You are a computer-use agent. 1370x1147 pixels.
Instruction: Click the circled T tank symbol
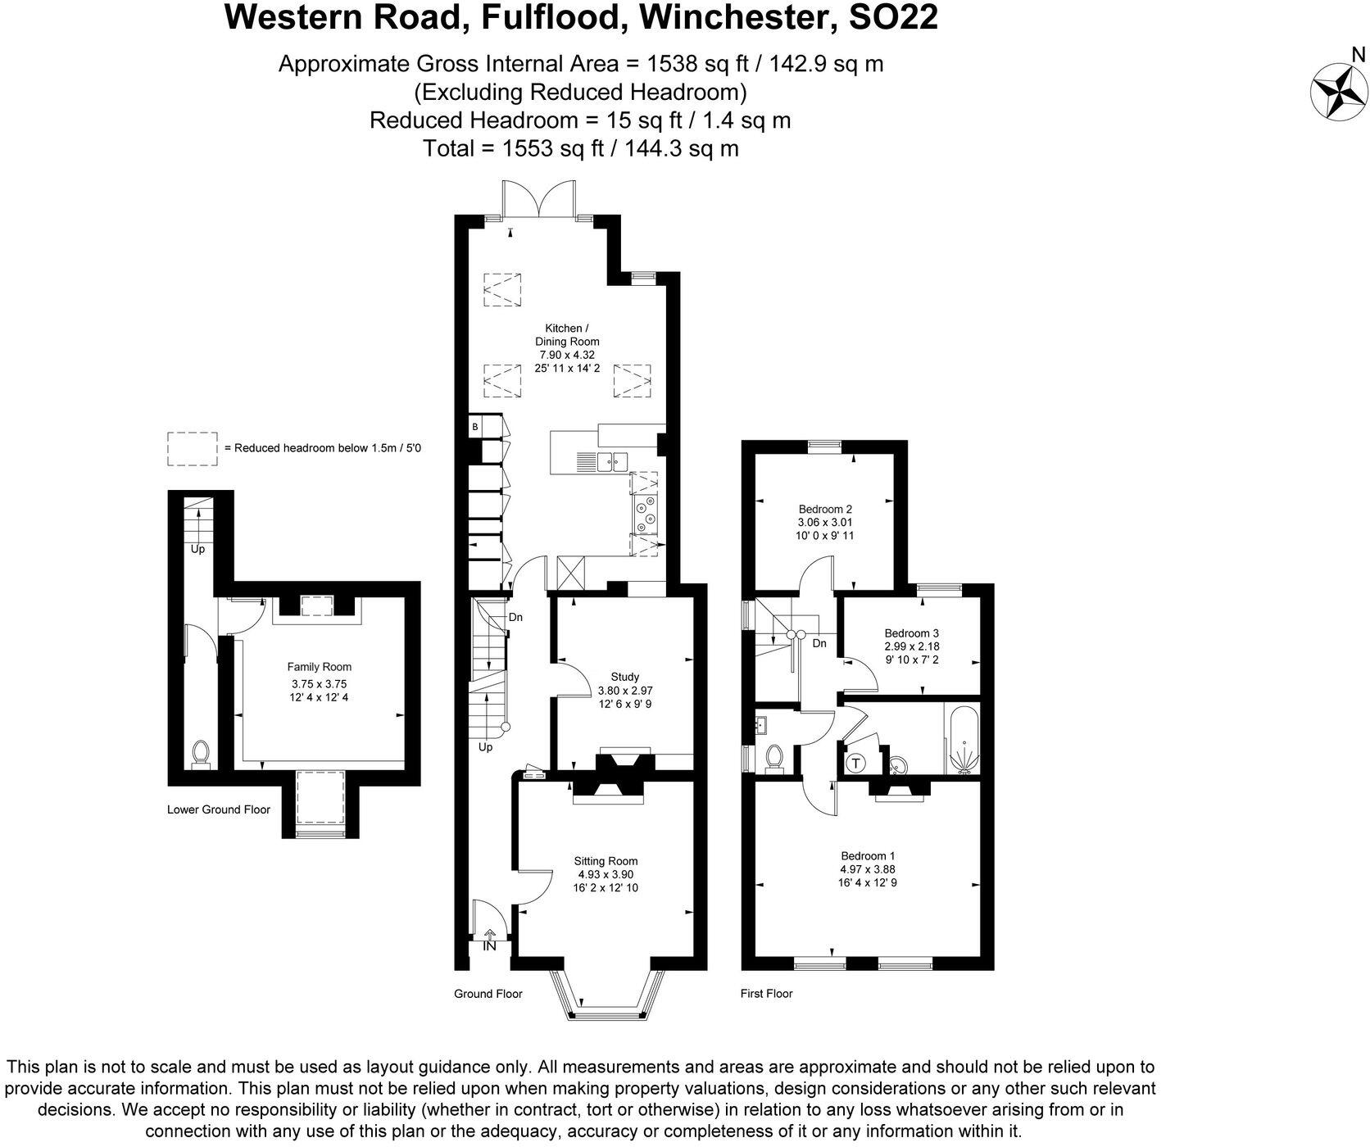tap(855, 764)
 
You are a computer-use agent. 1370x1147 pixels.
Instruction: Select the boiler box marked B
tap(474, 427)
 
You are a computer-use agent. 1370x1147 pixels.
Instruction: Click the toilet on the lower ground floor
tap(200, 754)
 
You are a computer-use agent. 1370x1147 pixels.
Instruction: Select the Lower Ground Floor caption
tap(219, 809)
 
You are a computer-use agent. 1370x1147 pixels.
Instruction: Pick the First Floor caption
tap(766, 994)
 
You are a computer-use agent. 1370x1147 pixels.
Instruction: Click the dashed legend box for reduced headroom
tap(193, 449)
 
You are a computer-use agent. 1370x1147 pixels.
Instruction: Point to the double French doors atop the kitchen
tap(537, 200)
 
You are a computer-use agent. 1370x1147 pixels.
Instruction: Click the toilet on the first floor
tap(771, 758)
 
